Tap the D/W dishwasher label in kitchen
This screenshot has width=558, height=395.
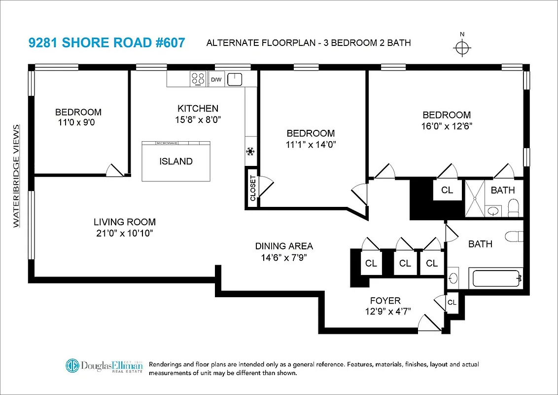[216, 79]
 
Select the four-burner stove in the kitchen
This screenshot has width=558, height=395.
[198, 79]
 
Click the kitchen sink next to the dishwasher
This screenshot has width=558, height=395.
[237, 79]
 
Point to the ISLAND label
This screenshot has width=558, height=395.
[175, 161]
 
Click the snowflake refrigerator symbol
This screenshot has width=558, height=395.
[250, 151]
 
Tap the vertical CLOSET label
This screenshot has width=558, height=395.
[253, 188]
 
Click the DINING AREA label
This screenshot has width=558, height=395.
[284, 246]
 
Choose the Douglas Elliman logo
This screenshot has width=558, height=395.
[105, 366]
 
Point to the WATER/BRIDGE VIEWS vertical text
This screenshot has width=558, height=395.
[16, 176]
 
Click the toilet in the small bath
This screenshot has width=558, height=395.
[513, 207]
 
